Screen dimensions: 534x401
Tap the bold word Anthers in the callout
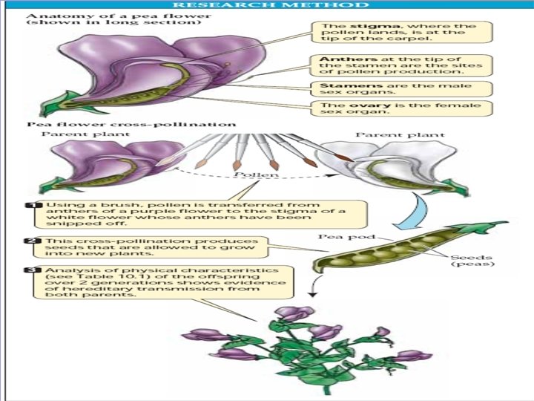340,59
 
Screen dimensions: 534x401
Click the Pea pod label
339,237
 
